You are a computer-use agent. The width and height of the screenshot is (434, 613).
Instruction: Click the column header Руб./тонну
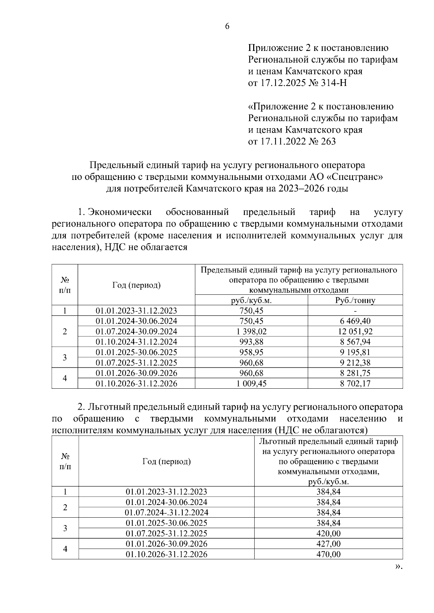coord(355,300)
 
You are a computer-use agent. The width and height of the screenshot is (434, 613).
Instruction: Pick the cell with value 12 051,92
coord(355,331)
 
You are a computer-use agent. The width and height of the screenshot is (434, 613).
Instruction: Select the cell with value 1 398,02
coord(251,331)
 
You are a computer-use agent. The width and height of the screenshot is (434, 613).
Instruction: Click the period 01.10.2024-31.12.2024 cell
coord(136,342)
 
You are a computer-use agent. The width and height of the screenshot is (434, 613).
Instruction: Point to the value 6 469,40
coord(355,321)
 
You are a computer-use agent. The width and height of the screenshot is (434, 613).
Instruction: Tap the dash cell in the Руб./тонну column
coord(355,311)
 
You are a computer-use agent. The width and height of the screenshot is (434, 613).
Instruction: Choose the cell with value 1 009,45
coord(251,383)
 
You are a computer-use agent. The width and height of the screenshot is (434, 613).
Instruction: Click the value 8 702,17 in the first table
coord(355,383)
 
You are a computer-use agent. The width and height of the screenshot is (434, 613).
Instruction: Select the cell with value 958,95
coord(251,352)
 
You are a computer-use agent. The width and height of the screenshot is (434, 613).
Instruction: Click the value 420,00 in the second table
coord(328,534)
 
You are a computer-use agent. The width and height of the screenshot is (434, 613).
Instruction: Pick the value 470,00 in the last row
coord(328,554)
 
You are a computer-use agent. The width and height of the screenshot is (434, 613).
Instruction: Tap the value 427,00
coord(328,544)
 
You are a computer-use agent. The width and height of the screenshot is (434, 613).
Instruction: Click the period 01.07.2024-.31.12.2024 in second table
coord(166,513)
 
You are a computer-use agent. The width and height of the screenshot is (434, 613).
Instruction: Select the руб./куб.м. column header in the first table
coord(251,300)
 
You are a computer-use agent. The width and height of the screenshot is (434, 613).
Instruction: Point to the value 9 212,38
coord(355,362)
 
